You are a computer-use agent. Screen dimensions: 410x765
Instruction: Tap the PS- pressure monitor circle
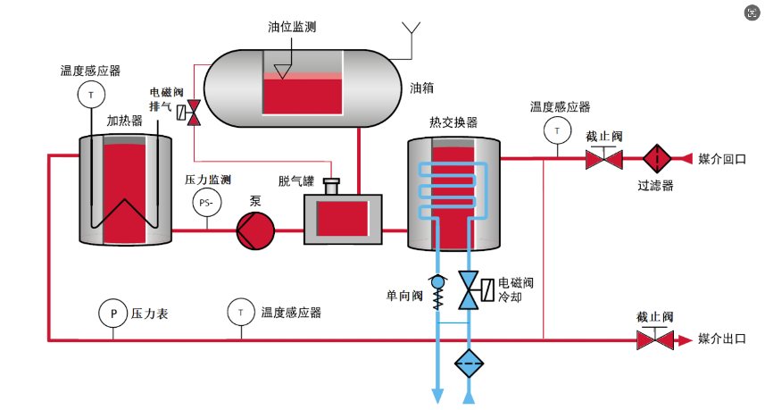[206, 202]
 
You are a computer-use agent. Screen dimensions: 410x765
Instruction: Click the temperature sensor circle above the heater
[91, 94]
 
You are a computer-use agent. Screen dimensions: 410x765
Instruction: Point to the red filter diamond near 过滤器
[658, 159]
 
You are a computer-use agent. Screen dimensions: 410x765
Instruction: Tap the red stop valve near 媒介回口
[603, 159]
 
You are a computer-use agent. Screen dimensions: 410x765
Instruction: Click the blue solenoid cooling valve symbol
[470, 291]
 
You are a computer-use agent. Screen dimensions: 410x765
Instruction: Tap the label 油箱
[421, 88]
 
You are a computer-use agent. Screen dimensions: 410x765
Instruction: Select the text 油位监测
[291, 28]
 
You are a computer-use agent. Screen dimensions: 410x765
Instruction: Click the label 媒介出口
[722, 339]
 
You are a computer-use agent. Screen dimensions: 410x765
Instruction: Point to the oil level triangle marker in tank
[284, 70]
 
